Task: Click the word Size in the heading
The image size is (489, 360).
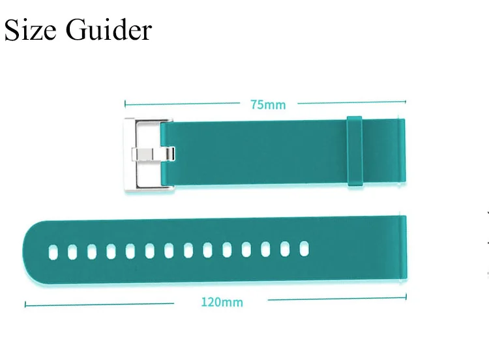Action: pos(30,29)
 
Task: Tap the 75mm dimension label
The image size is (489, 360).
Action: pos(268,104)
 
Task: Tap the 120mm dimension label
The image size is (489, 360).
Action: pos(222,302)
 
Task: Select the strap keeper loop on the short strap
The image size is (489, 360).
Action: pos(354,153)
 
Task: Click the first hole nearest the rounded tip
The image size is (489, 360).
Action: pos(53,250)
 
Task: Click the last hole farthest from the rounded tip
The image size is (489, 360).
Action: pos(304,248)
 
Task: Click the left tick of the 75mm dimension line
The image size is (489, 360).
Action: pos(125,103)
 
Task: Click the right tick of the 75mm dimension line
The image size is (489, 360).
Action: pos(406,102)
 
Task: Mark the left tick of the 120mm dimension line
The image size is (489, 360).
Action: pos(25,304)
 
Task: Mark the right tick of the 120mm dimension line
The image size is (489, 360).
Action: pos(406,301)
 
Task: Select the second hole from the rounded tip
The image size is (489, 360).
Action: pos(73,250)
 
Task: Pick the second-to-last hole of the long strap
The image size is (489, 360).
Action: pos(285,248)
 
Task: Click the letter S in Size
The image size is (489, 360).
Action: pos(12,30)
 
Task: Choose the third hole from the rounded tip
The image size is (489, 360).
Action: pos(92,250)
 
